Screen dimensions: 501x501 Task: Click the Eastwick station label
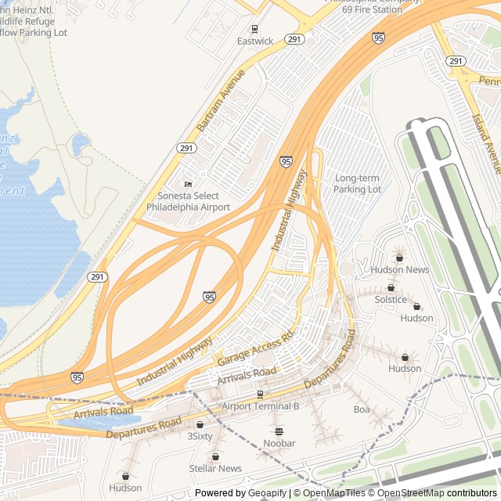[255, 41]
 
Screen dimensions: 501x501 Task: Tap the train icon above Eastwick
[254, 28]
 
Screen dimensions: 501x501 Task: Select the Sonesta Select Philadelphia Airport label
[188, 201]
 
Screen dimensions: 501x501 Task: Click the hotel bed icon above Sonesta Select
[188, 184]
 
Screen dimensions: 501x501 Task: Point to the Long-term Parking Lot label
[357, 184]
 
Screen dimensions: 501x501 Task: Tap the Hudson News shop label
[399, 269]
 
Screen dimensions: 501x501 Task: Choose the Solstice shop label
[391, 299]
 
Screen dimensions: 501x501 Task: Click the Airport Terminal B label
[260, 406]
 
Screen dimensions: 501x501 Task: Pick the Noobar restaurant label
[279, 443]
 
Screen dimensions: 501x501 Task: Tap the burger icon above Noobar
[279, 431]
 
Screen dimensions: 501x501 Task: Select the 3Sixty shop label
[200, 436]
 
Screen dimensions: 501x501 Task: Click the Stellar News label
[215, 468]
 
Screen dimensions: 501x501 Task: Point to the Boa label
[361, 409]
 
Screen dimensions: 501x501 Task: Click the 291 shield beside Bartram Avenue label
[186, 147]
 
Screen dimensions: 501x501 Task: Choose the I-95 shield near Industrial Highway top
[287, 161]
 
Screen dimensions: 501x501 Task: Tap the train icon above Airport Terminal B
[260, 394]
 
